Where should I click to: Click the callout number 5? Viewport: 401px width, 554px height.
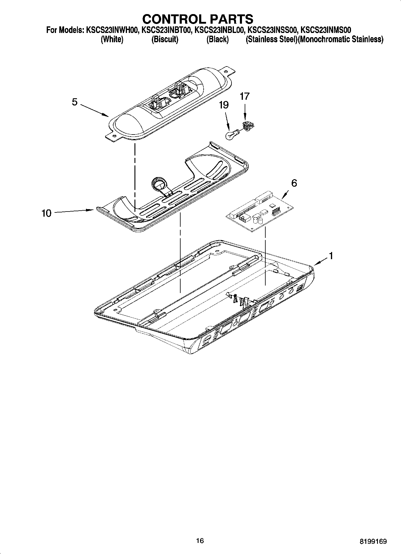75,102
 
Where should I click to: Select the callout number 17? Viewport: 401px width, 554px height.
245,96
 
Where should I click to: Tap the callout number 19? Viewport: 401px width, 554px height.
224,105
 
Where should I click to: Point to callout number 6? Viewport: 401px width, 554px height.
294,183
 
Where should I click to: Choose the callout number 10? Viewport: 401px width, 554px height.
46,213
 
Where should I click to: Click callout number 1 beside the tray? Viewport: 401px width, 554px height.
331,256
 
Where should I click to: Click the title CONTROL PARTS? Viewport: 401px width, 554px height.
198,19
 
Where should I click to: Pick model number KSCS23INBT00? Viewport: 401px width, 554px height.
166,30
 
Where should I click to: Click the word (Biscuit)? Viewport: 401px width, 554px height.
165,39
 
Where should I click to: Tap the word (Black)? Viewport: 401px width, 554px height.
217,39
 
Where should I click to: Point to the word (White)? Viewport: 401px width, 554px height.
112,39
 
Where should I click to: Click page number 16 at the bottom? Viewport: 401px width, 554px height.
200,540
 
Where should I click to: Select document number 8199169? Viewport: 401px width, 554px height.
373,541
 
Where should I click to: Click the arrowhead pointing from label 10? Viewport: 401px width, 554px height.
92,210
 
